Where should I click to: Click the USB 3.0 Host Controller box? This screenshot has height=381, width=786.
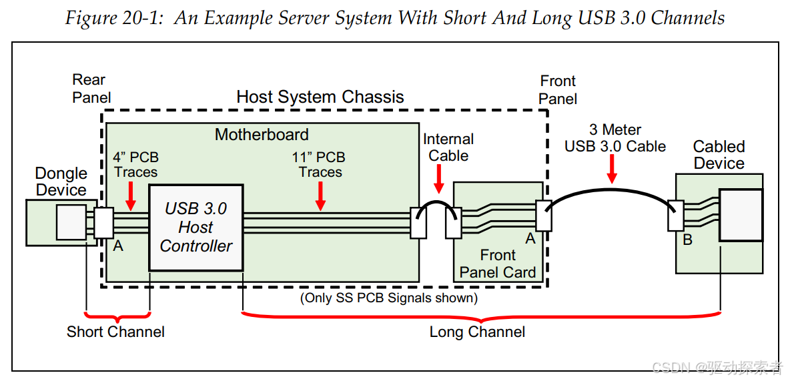point(196,228)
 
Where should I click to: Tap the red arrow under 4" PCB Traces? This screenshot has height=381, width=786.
point(131,196)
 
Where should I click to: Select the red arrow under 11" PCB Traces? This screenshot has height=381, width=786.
point(320,196)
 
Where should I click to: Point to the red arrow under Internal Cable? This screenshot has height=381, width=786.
point(438,179)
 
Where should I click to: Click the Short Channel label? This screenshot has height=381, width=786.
point(116,332)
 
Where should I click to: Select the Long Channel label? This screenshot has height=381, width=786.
point(478,332)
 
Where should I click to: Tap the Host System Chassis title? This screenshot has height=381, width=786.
point(320,96)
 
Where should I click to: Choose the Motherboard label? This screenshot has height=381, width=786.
point(262,134)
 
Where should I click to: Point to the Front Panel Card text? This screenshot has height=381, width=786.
point(498,264)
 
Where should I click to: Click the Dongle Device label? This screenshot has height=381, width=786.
point(61,182)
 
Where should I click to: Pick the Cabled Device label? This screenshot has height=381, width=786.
point(719,155)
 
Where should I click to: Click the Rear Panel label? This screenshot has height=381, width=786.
point(91,88)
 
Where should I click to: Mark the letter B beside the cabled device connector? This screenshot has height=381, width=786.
point(688,240)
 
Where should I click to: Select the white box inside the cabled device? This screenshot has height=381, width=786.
point(741,215)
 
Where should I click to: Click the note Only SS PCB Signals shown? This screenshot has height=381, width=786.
point(389,298)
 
